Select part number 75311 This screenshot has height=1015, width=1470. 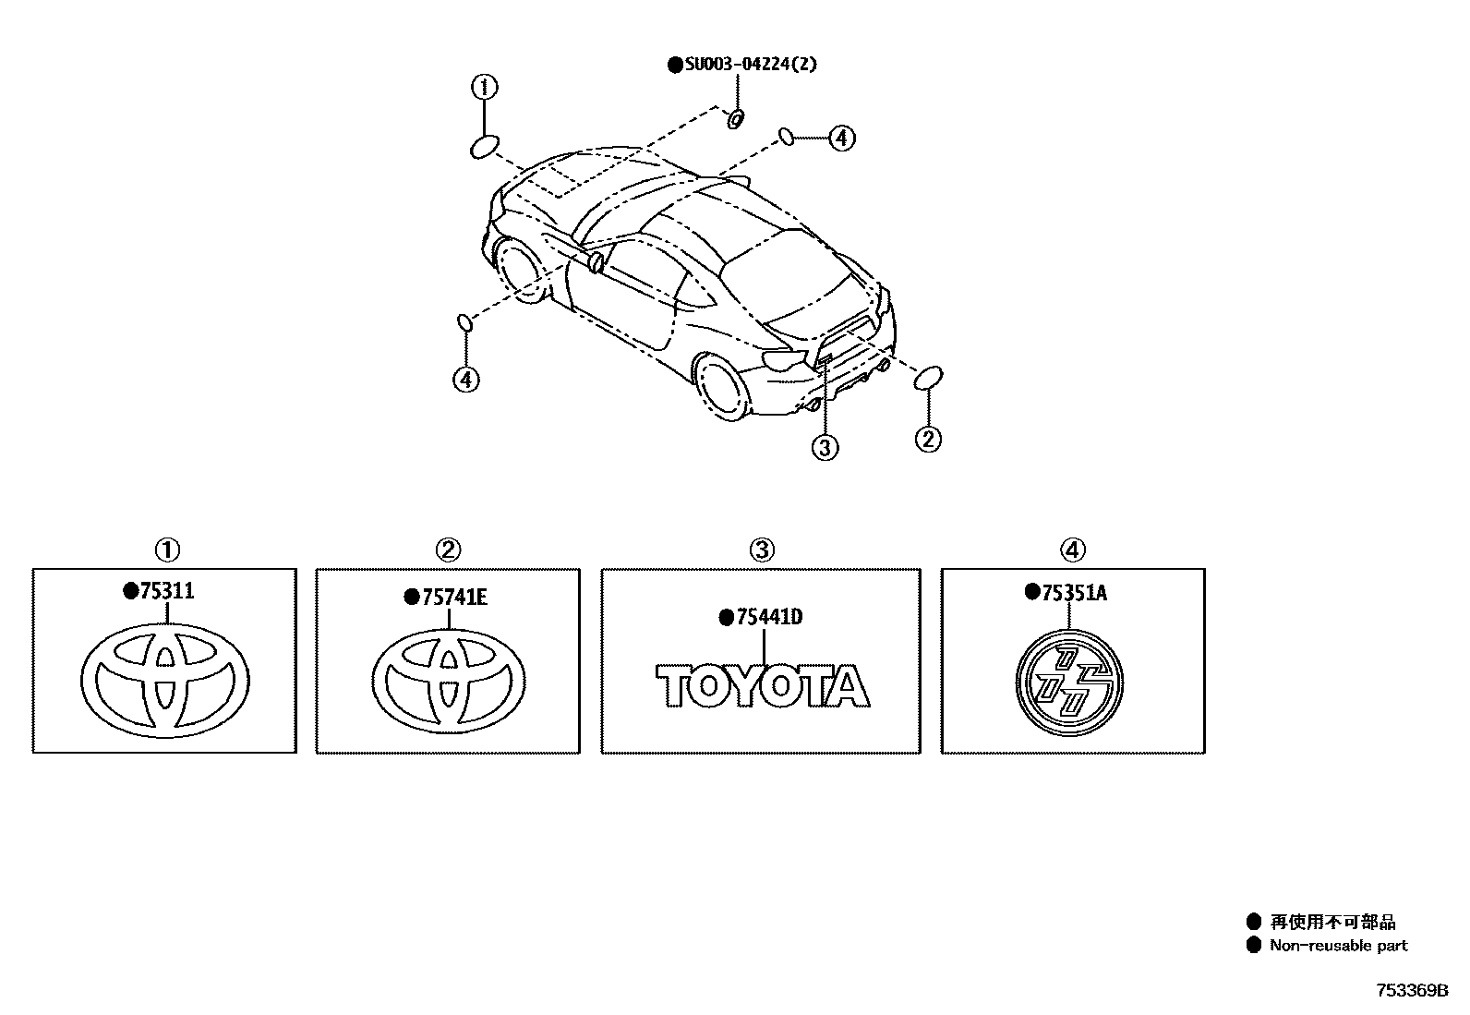(166, 591)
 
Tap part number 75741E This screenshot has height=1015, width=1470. (453, 598)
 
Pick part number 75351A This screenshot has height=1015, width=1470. (1073, 593)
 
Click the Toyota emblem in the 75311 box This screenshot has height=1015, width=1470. (165, 682)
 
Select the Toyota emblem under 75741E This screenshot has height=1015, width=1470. (449, 683)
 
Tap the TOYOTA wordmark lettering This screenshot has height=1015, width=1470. (763, 687)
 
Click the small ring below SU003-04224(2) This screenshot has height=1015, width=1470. (736, 119)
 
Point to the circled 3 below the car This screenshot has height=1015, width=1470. (825, 448)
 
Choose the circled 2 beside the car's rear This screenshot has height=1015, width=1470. (928, 438)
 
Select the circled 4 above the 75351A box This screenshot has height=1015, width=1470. (1071, 550)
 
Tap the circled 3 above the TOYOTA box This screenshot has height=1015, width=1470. (760, 550)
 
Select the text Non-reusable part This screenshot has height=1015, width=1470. (1338, 946)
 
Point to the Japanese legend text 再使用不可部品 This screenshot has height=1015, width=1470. (1332, 922)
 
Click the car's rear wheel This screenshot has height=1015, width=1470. (726, 386)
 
